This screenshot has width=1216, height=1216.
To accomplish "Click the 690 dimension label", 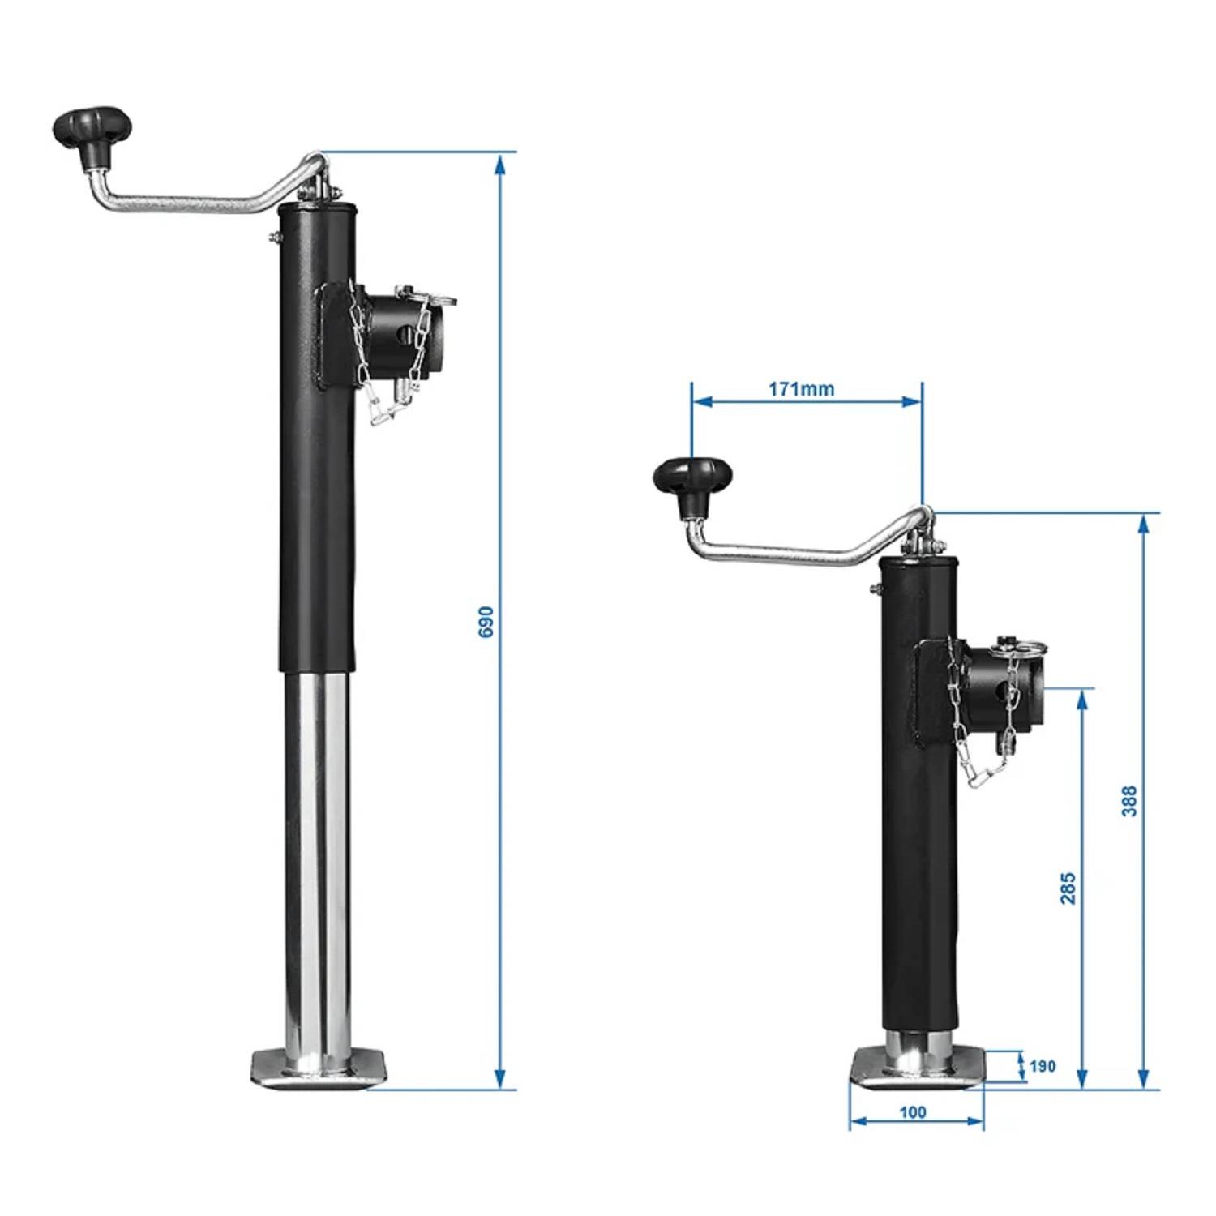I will click(486, 621).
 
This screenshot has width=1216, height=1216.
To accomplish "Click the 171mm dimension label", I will click(801, 389).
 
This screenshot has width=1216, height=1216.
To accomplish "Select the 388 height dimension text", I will click(1129, 800).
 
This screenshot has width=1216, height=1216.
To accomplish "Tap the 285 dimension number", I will click(1068, 888).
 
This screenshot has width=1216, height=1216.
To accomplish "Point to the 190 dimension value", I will click(1043, 1065).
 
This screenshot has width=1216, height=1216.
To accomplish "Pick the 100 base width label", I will click(913, 1112).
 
